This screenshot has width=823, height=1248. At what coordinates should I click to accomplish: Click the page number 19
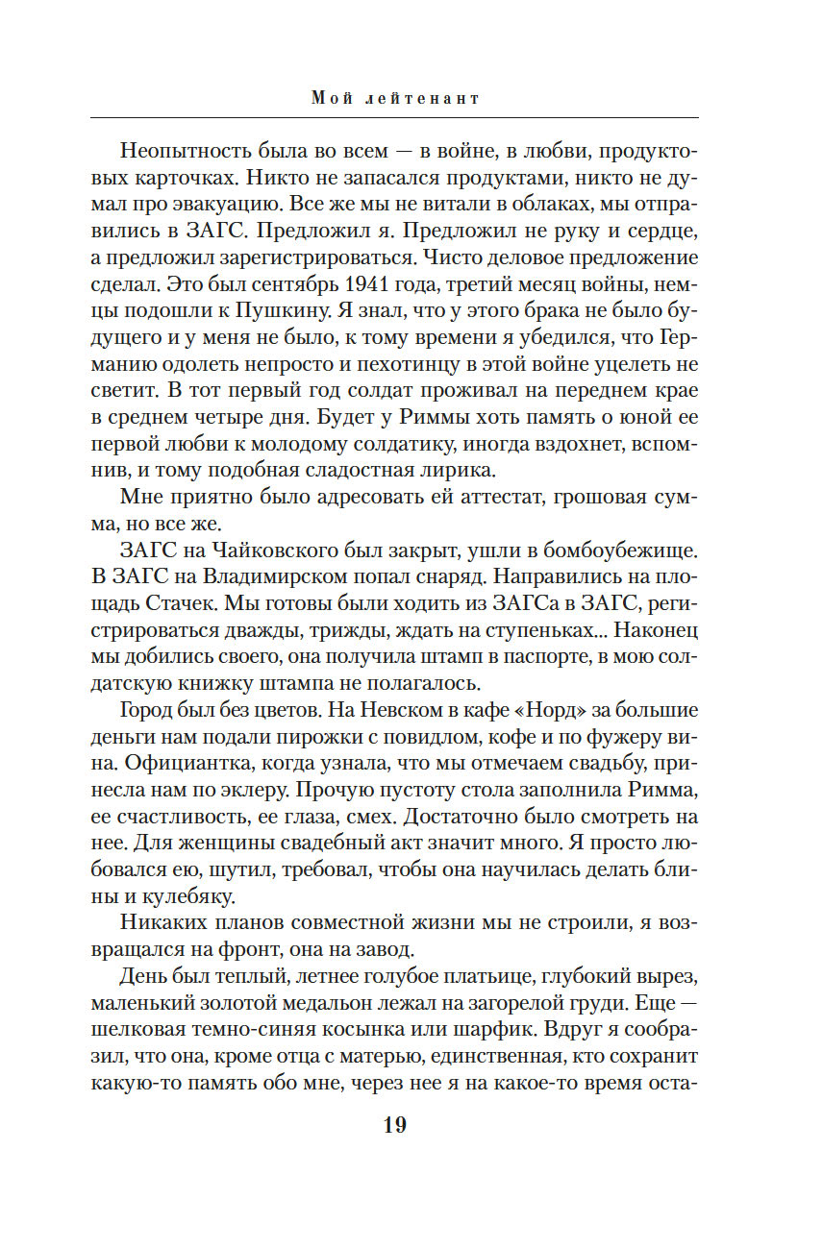[394, 1125]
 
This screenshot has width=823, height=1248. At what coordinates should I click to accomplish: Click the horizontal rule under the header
[394, 117]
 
